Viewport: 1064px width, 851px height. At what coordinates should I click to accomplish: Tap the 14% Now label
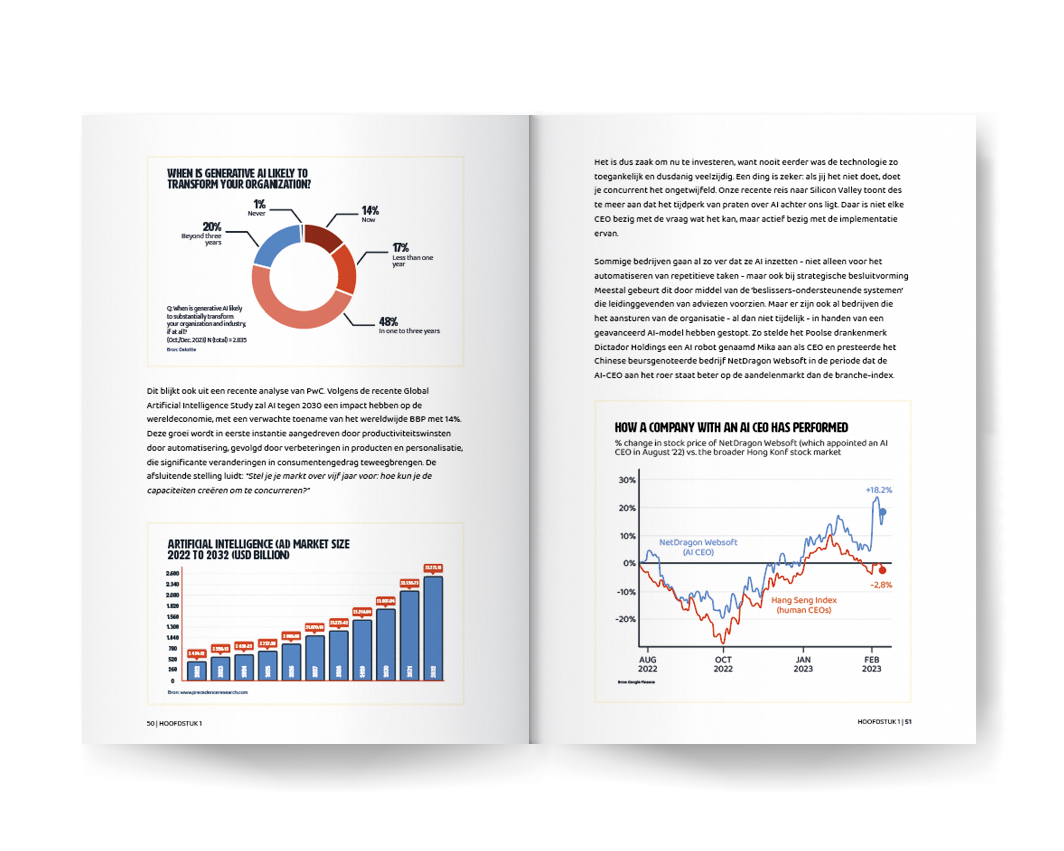coord(369,214)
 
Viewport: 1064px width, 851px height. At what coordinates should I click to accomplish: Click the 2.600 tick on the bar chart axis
coord(173,573)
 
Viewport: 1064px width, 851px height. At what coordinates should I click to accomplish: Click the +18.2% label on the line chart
coord(879,490)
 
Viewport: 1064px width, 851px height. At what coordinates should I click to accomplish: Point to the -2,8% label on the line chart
coord(881,585)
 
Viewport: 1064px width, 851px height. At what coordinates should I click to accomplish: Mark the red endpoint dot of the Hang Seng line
coord(882,570)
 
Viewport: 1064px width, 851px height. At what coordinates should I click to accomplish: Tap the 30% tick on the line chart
coord(627,480)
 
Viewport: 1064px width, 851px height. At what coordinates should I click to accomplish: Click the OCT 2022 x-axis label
coord(723,664)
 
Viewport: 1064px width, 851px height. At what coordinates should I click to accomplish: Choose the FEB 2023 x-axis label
coord(872,664)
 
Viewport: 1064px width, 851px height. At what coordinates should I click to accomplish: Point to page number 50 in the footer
coord(150,723)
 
